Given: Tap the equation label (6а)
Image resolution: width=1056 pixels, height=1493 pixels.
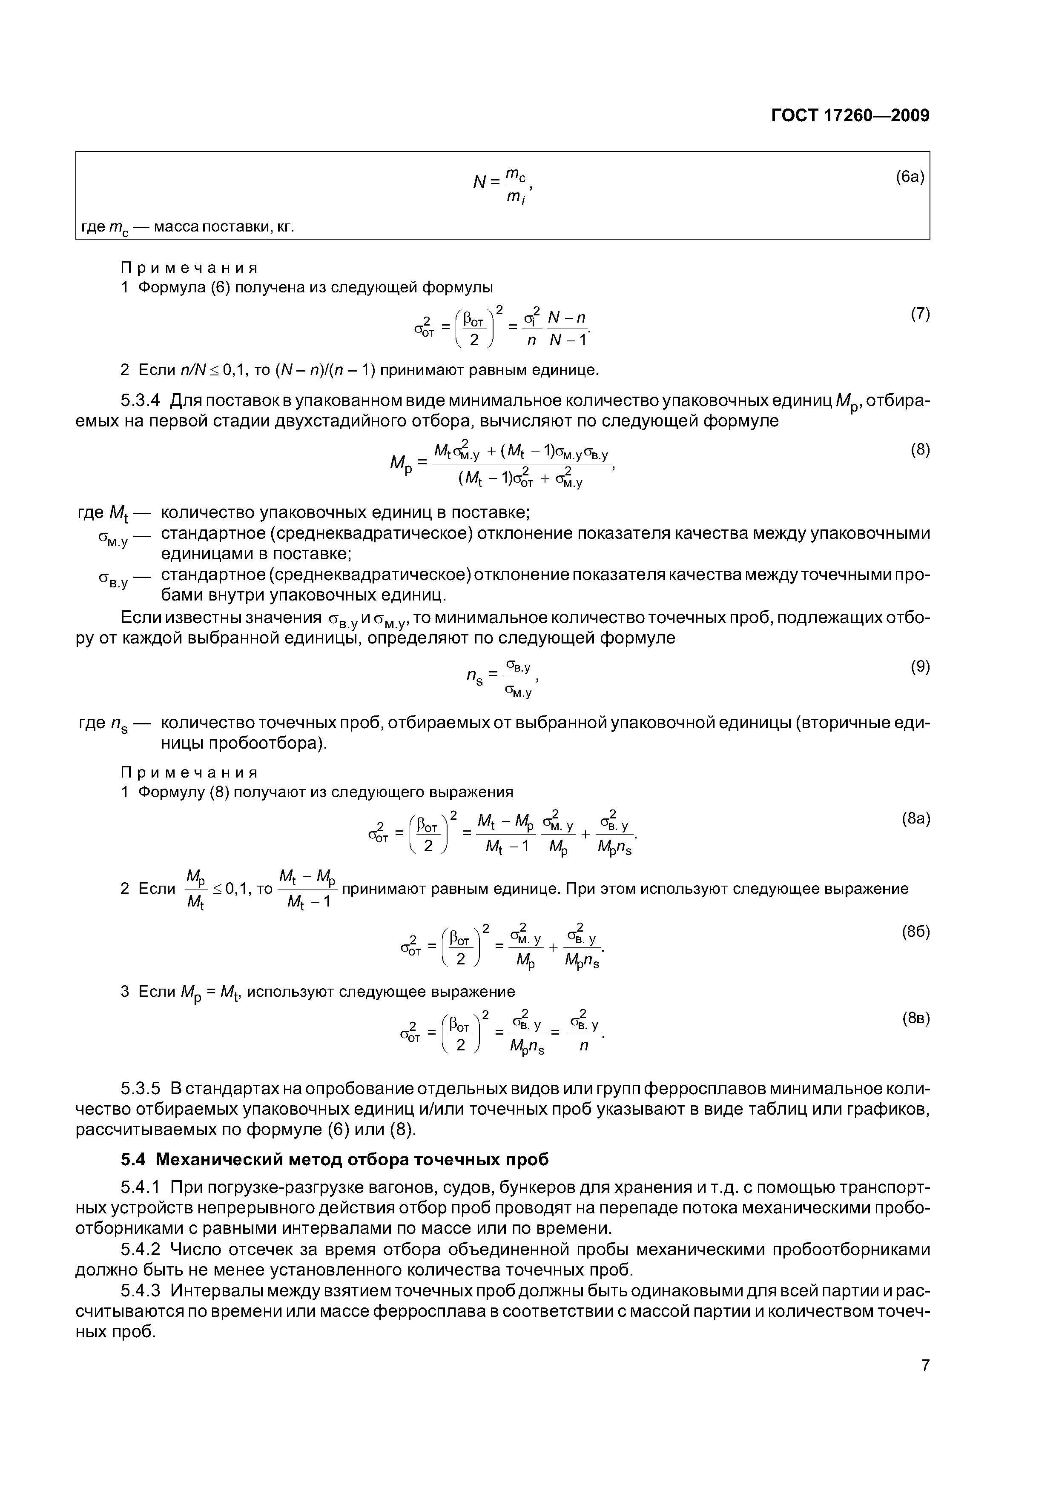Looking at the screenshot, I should point(909,177).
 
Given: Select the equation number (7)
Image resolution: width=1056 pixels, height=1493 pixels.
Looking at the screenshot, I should point(919,314).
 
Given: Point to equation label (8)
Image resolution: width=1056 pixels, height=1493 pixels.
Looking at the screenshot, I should point(919,449).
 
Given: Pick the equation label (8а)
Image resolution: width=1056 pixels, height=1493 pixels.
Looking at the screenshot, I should point(915,819).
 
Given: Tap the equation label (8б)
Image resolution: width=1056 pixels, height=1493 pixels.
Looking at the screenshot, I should point(915,932).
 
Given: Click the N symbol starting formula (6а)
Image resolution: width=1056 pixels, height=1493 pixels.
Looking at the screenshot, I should point(479,183).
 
